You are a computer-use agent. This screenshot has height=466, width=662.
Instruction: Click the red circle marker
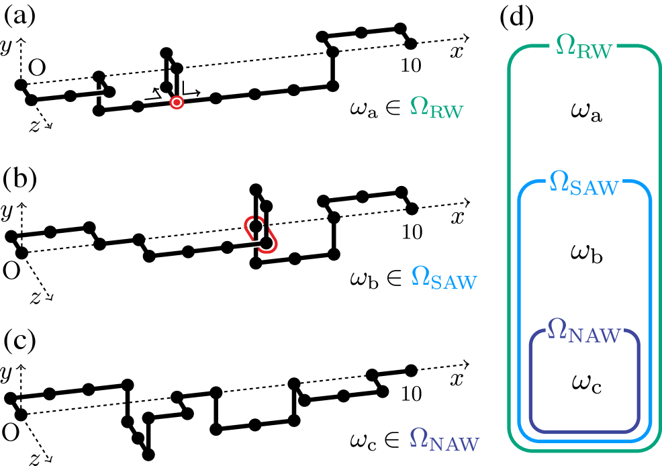(x=177, y=103)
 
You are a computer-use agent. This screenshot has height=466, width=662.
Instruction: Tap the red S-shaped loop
(x=261, y=234)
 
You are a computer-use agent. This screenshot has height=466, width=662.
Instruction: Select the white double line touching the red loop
(x=246, y=245)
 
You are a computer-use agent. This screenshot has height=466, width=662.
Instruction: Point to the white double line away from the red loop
(x=89, y=94)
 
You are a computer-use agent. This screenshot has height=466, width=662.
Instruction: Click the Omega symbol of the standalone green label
(x=419, y=106)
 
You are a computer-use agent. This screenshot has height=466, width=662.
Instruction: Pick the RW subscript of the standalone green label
(x=446, y=112)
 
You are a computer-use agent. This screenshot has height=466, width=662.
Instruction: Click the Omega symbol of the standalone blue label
(x=420, y=276)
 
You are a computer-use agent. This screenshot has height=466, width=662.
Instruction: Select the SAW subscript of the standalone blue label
(x=454, y=283)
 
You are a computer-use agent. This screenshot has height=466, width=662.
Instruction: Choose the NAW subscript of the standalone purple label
(x=455, y=445)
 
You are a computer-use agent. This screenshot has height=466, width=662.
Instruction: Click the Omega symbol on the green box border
(x=565, y=46)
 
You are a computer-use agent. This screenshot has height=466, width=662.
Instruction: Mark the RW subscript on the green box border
(x=594, y=52)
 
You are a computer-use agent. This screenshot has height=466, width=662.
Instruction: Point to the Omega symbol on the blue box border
(x=559, y=181)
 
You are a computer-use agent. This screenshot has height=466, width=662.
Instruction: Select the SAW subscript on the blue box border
(x=594, y=189)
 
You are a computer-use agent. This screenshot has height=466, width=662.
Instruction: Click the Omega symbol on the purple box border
(x=557, y=329)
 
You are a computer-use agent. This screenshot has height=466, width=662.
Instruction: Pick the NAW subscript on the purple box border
(x=594, y=336)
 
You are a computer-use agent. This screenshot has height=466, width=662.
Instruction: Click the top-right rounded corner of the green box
(x=654, y=53)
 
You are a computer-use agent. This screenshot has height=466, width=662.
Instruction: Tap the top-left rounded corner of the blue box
(x=525, y=188)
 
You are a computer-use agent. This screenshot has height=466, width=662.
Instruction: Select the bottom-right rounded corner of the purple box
(x=632, y=426)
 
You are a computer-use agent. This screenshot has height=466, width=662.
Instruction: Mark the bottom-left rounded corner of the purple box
(x=536, y=426)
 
